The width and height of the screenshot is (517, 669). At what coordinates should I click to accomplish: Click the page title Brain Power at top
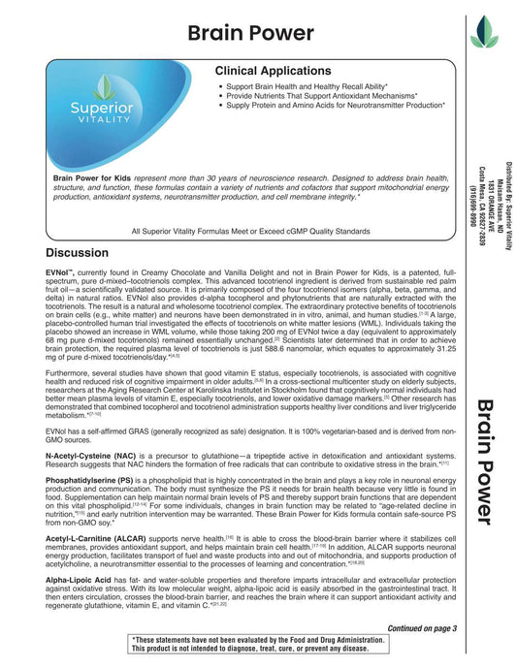pyautogui.click(x=250, y=32)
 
